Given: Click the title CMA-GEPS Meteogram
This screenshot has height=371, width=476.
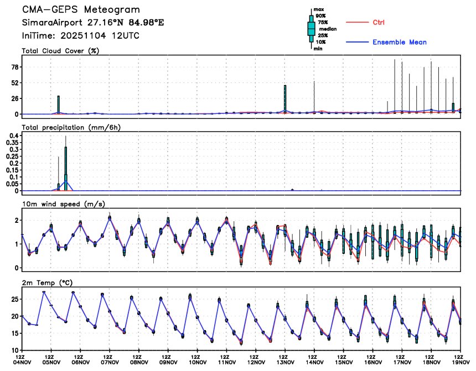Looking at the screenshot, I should click(81, 10).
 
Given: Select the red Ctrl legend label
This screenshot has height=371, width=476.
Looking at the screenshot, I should click(379, 22).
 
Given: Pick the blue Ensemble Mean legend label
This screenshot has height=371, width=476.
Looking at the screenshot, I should click(399, 42).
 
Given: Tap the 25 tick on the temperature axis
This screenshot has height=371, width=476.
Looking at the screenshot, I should click(14, 299).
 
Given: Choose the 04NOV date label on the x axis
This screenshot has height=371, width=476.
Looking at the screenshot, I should click(22, 364).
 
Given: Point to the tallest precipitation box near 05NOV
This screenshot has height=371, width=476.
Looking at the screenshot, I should click(66, 168).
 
